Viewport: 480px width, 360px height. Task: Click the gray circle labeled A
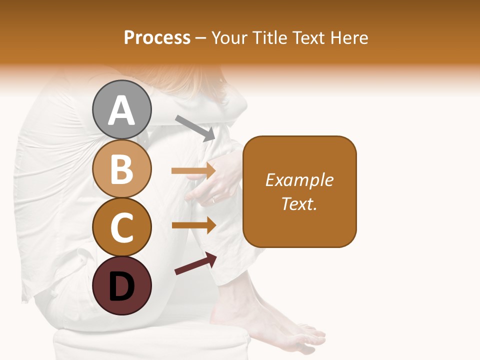click(x=122, y=109)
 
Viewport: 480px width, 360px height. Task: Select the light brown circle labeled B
click(x=122, y=168)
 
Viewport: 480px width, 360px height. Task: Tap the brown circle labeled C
click(x=122, y=227)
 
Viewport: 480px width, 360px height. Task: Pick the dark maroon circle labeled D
click(x=122, y=285)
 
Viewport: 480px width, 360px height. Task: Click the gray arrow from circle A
click(x=195, y=127)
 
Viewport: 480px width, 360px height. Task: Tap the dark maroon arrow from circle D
click(x=195, y=263)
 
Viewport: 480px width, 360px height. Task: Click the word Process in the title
click(x=157, y=37)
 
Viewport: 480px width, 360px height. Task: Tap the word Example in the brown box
click(x=299, y=180)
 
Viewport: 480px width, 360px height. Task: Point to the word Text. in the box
click(x=299, y=203)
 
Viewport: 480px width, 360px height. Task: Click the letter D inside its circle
click(x=122, y=286)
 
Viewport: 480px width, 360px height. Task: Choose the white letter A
click(x=122, y=110)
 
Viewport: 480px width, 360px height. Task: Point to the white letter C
click(x=122, y=228)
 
